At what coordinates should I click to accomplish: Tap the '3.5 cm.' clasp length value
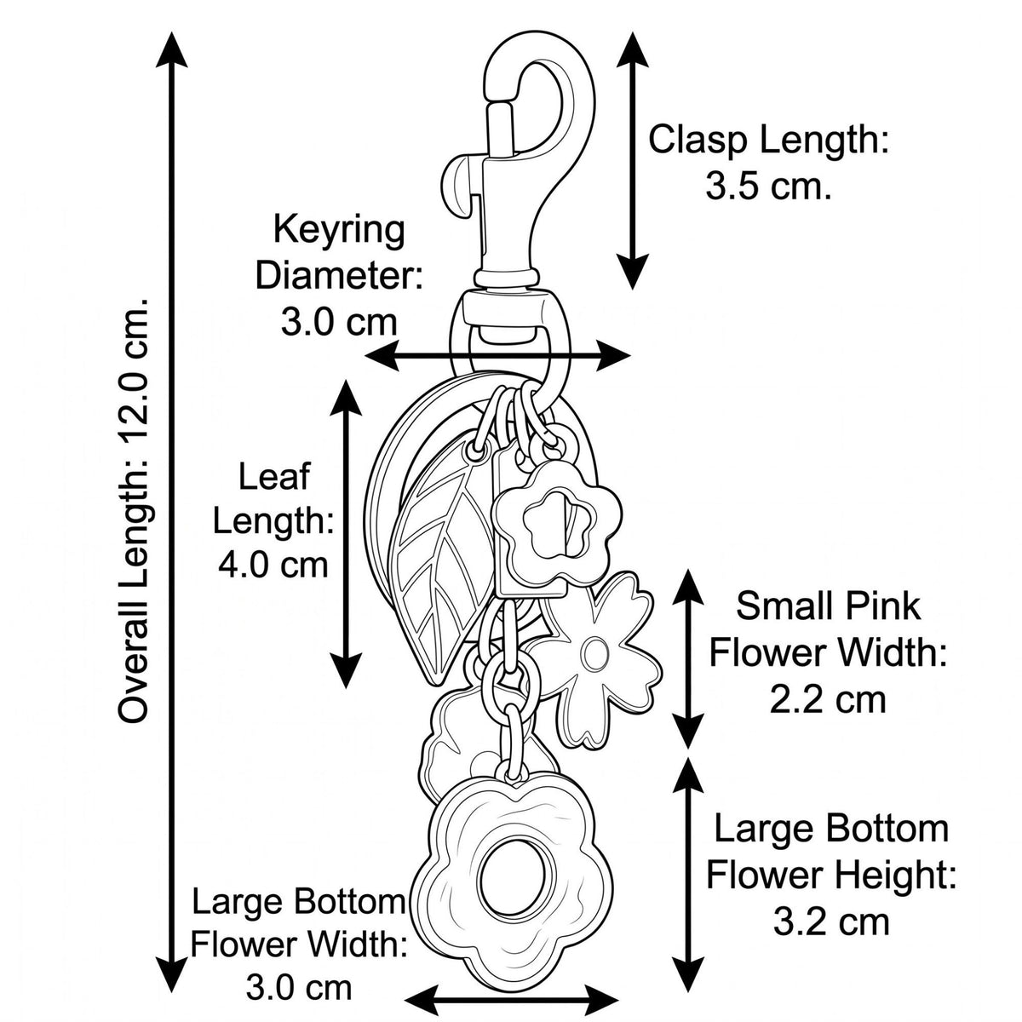tap(768, 185)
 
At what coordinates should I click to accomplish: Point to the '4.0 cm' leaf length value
tap(273, 566)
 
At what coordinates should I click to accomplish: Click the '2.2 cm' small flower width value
tap(828, 700)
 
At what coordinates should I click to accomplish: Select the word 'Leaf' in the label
tap(273, 476)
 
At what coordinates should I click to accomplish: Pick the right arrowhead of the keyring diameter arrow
tap(613, 355)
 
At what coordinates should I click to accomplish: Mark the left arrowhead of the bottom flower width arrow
tap(422, 1000)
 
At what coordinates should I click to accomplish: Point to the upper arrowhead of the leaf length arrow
tap(346, 397)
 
